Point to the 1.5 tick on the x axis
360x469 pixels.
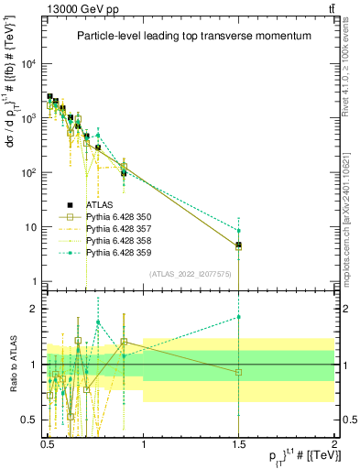pyautogui.click(x=238, y=439)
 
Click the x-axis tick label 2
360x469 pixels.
pyautogui.click(x=333, y=439)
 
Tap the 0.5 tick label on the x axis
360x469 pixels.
pyautogui.click(x=48, y=439)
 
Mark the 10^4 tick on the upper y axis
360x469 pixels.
pyautogui.click(x=30, y=63)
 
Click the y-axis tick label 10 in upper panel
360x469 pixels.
pyautogui.click(x=32, y=227)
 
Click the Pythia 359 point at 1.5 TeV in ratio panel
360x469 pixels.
pyautogui.click(x=238, y=317)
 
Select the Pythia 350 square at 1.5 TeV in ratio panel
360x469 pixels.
pyautogui.click(x=238, y=372)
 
